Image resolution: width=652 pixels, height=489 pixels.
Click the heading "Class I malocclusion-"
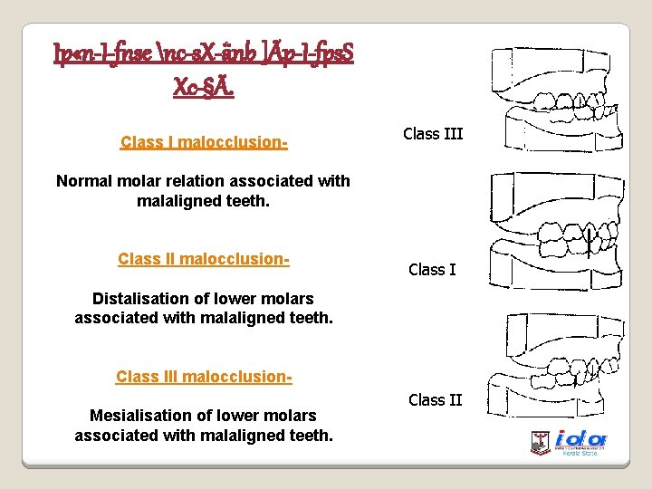click(204, 143)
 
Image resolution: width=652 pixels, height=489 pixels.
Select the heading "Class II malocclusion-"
click(204, 260)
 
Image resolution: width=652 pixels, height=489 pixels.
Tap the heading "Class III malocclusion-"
click(204, 377)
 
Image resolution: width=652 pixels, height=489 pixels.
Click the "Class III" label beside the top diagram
click(433, 134)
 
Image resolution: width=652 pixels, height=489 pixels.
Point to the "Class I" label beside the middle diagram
click(433, 269)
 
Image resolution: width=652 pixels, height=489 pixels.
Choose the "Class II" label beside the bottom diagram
click(435, 399)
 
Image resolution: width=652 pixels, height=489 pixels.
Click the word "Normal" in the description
click(84, 180)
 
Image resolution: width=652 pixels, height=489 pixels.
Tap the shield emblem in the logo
click(541, 442)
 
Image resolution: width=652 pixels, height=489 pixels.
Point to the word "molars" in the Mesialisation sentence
click(292, 415)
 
